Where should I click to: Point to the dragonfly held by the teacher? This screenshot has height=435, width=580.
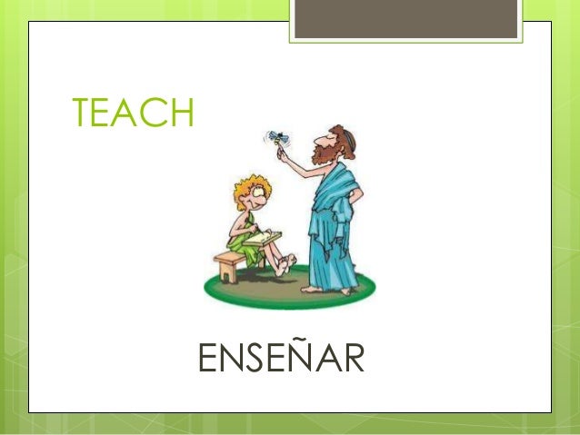coord(278,138)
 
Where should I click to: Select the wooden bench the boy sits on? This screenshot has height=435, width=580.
coord(232,263)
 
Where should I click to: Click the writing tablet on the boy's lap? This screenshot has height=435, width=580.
coord(262,239)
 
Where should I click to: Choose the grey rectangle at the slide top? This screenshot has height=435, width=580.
coord(405,18)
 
